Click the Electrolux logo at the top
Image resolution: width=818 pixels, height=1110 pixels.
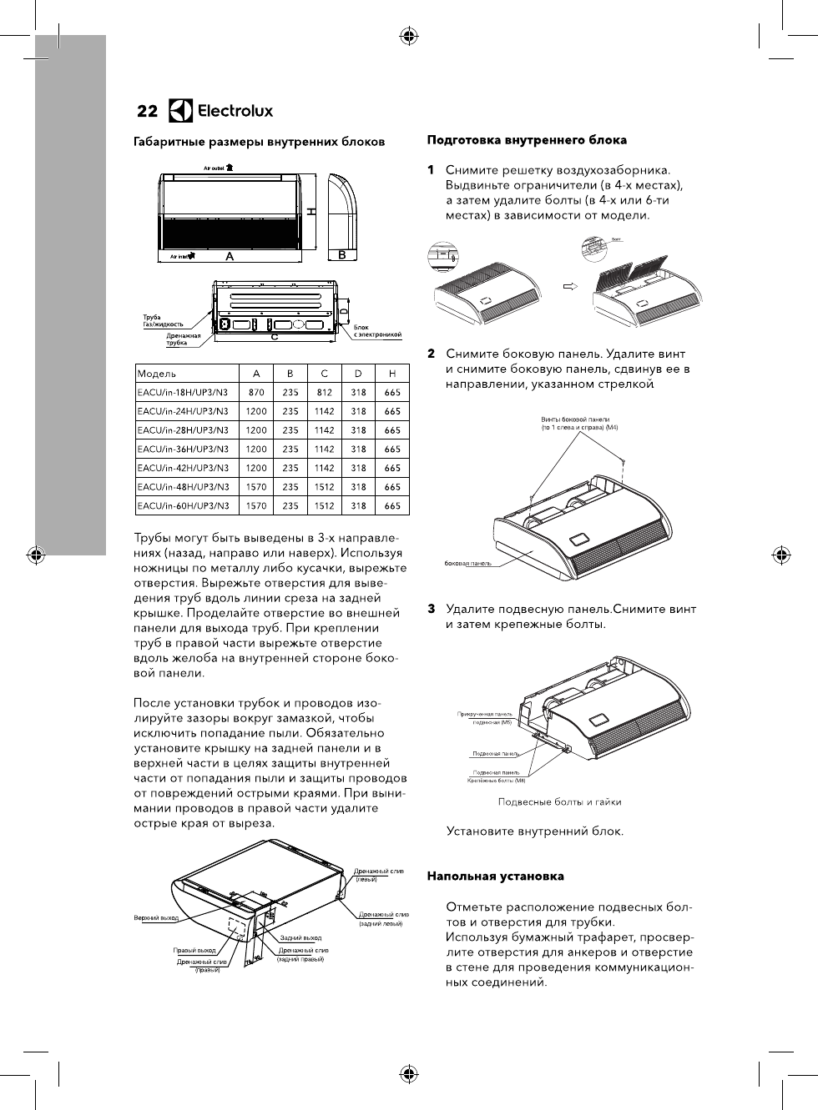221,111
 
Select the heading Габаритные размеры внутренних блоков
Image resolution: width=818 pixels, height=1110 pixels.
260,142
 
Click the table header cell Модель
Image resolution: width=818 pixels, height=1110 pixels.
157,374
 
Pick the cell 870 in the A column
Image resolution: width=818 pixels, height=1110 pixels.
256,393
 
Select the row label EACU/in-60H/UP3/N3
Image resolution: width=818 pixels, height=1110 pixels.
183,506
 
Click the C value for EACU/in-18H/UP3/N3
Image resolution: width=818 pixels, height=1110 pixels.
324,393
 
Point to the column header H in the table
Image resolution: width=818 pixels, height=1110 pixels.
392,374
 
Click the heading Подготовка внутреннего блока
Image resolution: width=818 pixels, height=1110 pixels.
527,140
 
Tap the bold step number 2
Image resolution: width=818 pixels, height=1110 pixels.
432,354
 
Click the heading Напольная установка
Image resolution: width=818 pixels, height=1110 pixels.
495,876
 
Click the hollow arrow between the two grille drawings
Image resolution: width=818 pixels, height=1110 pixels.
571,286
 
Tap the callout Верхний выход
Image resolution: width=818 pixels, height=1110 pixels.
156,918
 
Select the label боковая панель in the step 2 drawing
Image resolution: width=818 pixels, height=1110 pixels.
467,563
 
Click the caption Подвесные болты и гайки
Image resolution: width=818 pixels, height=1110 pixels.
559,802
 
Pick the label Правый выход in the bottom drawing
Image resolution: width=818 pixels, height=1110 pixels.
194,951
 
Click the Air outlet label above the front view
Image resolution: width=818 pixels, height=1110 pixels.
219,168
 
